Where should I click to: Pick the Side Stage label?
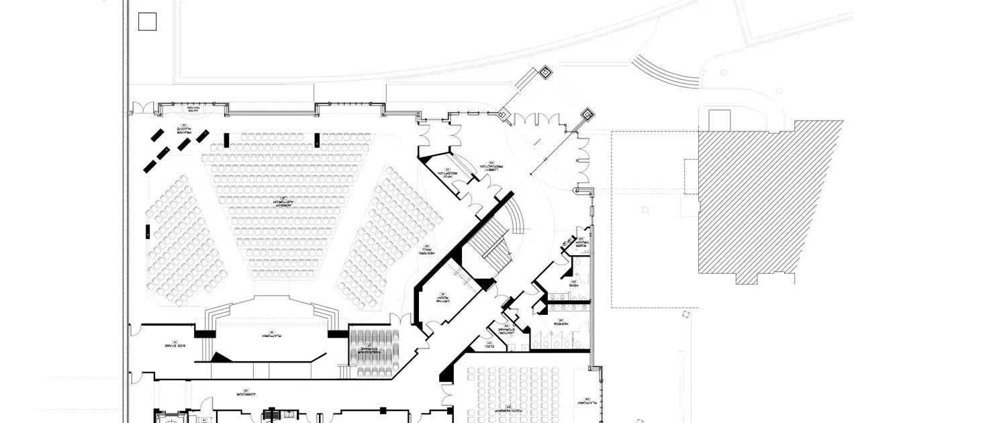(173, 345)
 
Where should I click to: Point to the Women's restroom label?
(559, 322)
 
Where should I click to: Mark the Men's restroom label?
(575, 284)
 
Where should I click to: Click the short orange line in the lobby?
(536, 142)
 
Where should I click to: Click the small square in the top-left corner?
(147, 22)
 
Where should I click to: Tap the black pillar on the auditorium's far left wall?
(147, 232)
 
